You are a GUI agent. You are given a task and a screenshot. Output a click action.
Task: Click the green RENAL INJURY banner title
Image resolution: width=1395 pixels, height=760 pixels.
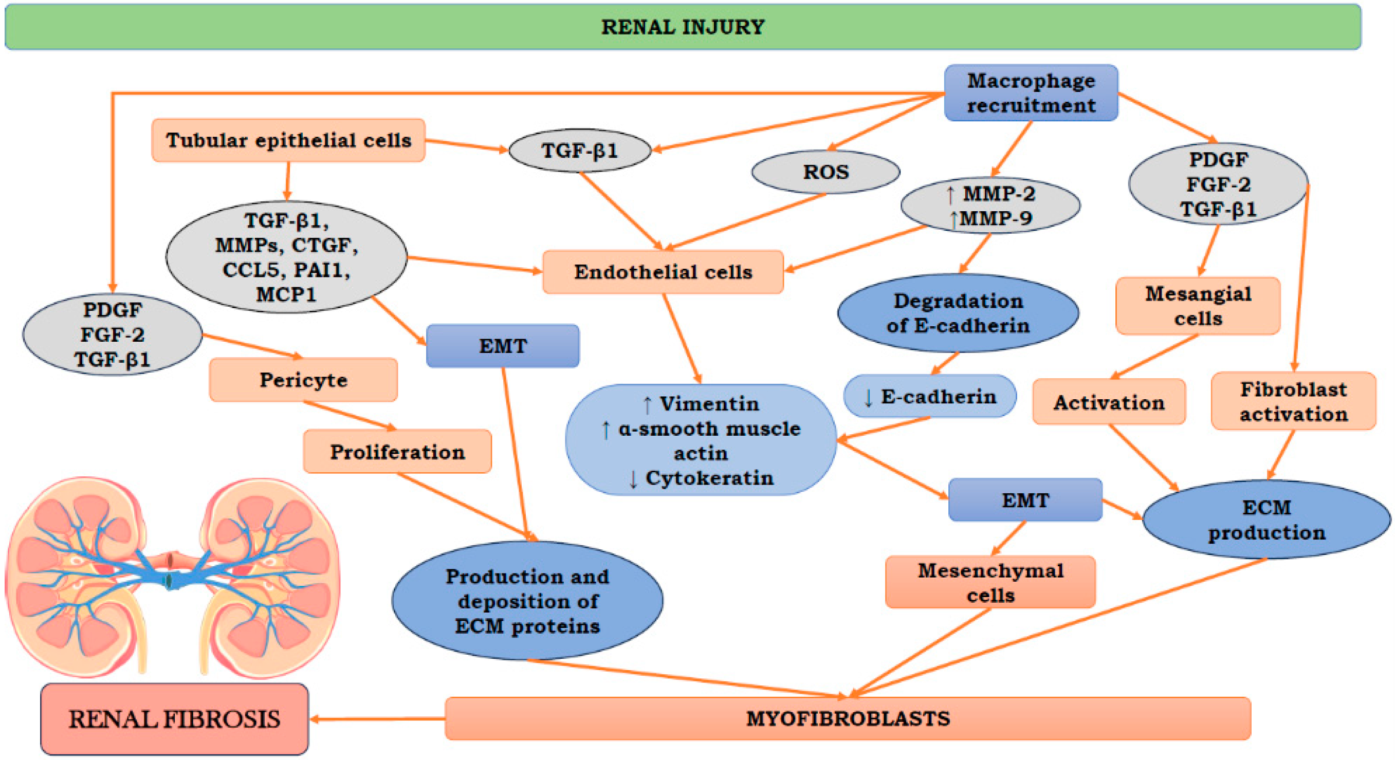[683, 27]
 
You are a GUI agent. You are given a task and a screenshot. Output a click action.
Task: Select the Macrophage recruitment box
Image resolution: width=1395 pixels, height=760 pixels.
[1031, 92]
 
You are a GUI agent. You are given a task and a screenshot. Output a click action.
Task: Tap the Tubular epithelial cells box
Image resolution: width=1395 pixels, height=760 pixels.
[288, 140]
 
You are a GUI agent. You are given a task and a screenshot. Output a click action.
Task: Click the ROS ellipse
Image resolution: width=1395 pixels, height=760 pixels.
[825, 172]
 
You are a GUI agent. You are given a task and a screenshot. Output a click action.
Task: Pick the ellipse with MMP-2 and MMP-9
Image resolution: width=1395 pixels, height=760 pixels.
[990, 206]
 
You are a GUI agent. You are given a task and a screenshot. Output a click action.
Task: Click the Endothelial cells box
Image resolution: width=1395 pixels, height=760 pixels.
[663, 272]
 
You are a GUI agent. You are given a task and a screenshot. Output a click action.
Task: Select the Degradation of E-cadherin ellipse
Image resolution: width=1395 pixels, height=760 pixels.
[958, 313]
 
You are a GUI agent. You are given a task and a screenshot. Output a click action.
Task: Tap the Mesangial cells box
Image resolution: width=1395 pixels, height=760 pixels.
[1197, 306]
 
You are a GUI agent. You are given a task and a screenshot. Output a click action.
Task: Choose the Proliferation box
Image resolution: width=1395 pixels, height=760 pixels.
[397, 452]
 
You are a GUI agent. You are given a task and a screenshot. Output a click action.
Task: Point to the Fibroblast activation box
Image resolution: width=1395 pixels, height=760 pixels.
[1293, 401]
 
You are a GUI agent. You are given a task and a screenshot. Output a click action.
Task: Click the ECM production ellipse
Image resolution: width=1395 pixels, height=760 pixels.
[1266, 520]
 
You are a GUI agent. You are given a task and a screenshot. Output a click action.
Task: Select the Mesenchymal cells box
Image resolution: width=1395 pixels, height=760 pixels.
[990, 582]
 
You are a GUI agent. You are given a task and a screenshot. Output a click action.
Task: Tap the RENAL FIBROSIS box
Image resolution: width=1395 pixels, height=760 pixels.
[174, 719]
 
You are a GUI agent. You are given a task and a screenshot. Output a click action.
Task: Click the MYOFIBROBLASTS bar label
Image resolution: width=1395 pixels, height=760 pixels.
[848, 719]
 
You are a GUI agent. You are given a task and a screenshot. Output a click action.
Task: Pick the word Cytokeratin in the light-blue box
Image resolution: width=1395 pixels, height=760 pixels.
[709, 478]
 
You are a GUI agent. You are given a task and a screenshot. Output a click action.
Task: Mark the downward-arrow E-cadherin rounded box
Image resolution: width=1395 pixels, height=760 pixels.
[929, 396]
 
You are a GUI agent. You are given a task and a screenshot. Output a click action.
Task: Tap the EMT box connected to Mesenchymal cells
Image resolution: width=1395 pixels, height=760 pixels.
[1024, 499]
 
